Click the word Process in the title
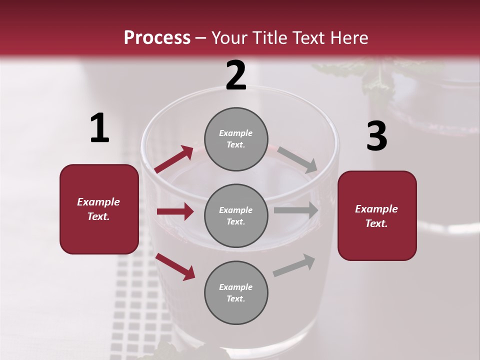point(157,38)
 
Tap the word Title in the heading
point(269,38)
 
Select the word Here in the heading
point(348,38)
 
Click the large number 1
point(99,128)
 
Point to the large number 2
point(236,75)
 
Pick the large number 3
point(376,136)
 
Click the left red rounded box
point(99,209)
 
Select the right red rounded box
point(377,216)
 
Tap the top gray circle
point(236,139)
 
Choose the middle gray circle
point(236,215)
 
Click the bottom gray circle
point(236,292)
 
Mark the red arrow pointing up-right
point(174,159)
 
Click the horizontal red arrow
point(175,211)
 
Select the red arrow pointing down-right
point(175,266)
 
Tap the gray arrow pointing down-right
point(297,159)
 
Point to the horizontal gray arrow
point(296,210)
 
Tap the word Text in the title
point(309,38)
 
